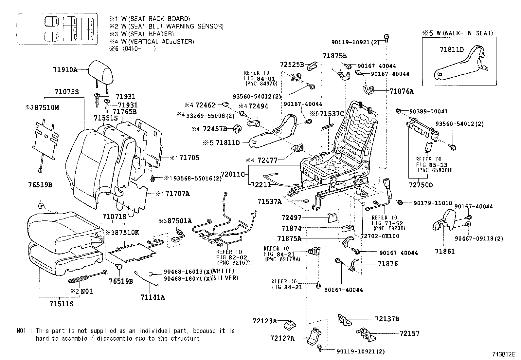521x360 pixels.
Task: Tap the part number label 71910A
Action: click(65, 70)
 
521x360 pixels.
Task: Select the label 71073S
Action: click(67, 92)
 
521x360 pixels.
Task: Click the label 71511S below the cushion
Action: click(61, 304)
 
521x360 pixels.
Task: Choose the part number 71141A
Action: click(153, 297)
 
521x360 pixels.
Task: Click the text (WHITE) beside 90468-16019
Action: click(223, 271)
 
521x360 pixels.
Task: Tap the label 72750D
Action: click(421, 185)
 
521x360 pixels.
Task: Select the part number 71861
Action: click(445, 252)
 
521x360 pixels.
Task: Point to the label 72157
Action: click(409, 333)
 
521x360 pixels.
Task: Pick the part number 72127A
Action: click(282, 338)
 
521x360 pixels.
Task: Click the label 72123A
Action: click(264, 321)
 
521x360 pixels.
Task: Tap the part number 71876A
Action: click(402, 91)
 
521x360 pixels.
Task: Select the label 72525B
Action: click(292, 64)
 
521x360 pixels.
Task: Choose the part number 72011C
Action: click(233, 174)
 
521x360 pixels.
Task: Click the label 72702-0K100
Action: click(380, 236)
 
